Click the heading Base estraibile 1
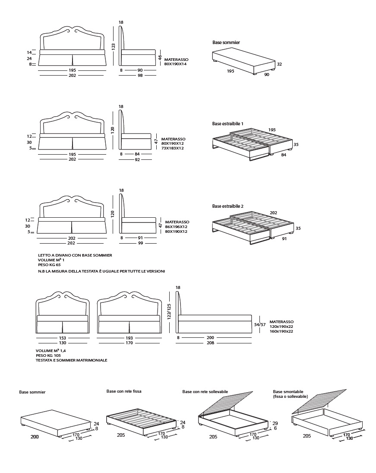point(227,124)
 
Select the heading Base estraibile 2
point(227,206)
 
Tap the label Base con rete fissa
point(124,391)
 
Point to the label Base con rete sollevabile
point(205,391)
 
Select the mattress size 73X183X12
point(173,148)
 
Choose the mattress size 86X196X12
point(176,227)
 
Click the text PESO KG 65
point(49,264)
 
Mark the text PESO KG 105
point(48,356)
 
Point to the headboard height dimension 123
point(114,47)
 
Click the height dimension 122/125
point(169,311)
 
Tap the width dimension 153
point(62,337)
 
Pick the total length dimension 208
point(210,343)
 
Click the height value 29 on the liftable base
point(275,423)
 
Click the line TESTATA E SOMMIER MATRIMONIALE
point(71,360)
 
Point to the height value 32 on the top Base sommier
point(279,64)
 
